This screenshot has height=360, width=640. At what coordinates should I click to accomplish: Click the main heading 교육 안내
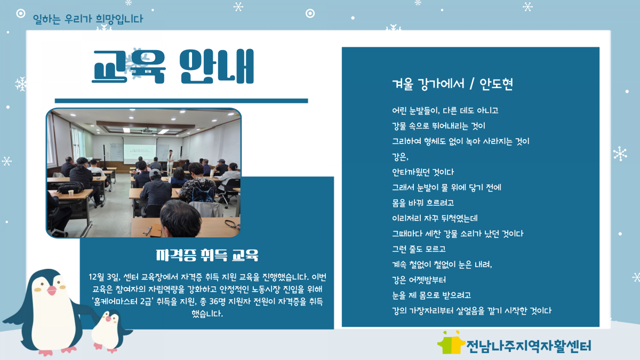(173, 66)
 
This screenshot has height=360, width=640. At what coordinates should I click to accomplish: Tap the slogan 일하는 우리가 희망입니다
(88, 19)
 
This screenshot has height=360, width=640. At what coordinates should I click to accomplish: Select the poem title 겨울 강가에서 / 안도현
(453, 84)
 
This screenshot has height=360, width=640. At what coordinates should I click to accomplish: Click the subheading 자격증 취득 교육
(207, 255)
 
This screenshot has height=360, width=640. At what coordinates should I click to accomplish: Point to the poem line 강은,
(400, 157)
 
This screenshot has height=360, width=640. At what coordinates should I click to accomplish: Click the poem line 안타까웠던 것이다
(423, 172)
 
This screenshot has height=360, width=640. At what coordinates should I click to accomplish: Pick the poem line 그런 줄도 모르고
(419, 249)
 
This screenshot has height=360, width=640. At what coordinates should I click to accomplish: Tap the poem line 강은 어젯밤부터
(419, 279)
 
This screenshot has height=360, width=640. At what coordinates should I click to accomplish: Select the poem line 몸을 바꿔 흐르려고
(423, 203)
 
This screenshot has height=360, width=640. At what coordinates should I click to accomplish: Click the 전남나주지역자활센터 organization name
(529, 346)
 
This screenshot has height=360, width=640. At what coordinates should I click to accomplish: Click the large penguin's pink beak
(51, 290)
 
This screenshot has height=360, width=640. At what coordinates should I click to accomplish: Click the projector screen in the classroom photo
(140, 149)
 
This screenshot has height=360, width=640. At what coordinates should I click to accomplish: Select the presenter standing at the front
(171, 162)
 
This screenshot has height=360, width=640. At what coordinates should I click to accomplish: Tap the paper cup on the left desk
(71, 193)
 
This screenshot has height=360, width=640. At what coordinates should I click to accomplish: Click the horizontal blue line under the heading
(181, 101)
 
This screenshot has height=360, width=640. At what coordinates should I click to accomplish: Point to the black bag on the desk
(71, 187)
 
